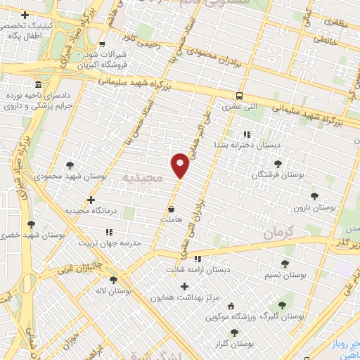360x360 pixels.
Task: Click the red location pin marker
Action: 181,165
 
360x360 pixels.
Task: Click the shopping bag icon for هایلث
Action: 172,209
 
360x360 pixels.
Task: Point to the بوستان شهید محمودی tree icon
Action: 70,165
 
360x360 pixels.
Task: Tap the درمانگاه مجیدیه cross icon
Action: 91,200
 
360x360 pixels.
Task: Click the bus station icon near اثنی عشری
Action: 239,96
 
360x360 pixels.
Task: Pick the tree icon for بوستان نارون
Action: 332,197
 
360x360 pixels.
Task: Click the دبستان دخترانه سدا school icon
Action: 246,134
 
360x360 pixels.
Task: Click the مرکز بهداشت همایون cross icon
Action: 185,286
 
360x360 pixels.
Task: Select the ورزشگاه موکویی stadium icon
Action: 231,306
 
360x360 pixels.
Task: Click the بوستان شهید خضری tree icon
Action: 31,224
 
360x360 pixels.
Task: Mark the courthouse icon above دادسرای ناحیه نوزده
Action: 37,83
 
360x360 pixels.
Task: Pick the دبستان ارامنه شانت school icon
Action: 198,258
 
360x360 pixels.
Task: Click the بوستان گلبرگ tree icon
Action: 283,305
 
